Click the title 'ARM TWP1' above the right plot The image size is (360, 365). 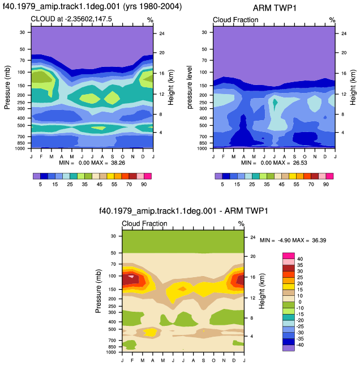click(275, 8)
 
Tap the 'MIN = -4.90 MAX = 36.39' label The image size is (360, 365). click(293, 240)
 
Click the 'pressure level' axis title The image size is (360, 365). click(190, 87)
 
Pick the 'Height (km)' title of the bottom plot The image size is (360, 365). click(262, 291)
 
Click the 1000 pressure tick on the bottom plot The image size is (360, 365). click(111, 352)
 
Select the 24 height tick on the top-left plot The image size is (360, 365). click(162, 33)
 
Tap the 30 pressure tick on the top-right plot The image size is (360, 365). click(204, 32)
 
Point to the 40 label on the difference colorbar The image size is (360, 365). click(300, 259)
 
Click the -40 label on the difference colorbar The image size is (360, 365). click(299, 345)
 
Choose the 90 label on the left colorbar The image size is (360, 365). click(144, 184)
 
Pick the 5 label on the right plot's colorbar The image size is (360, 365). click(222, 184)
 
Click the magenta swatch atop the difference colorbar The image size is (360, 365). click(289, 256)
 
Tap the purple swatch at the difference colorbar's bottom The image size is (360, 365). click(289, 348)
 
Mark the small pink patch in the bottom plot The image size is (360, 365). click(131, 277)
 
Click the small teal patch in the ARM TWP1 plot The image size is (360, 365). click(275, 104)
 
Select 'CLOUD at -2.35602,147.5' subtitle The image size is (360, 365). click(71, 19)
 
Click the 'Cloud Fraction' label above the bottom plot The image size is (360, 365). click(144, 224)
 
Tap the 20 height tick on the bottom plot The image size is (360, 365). click(253, 256)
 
